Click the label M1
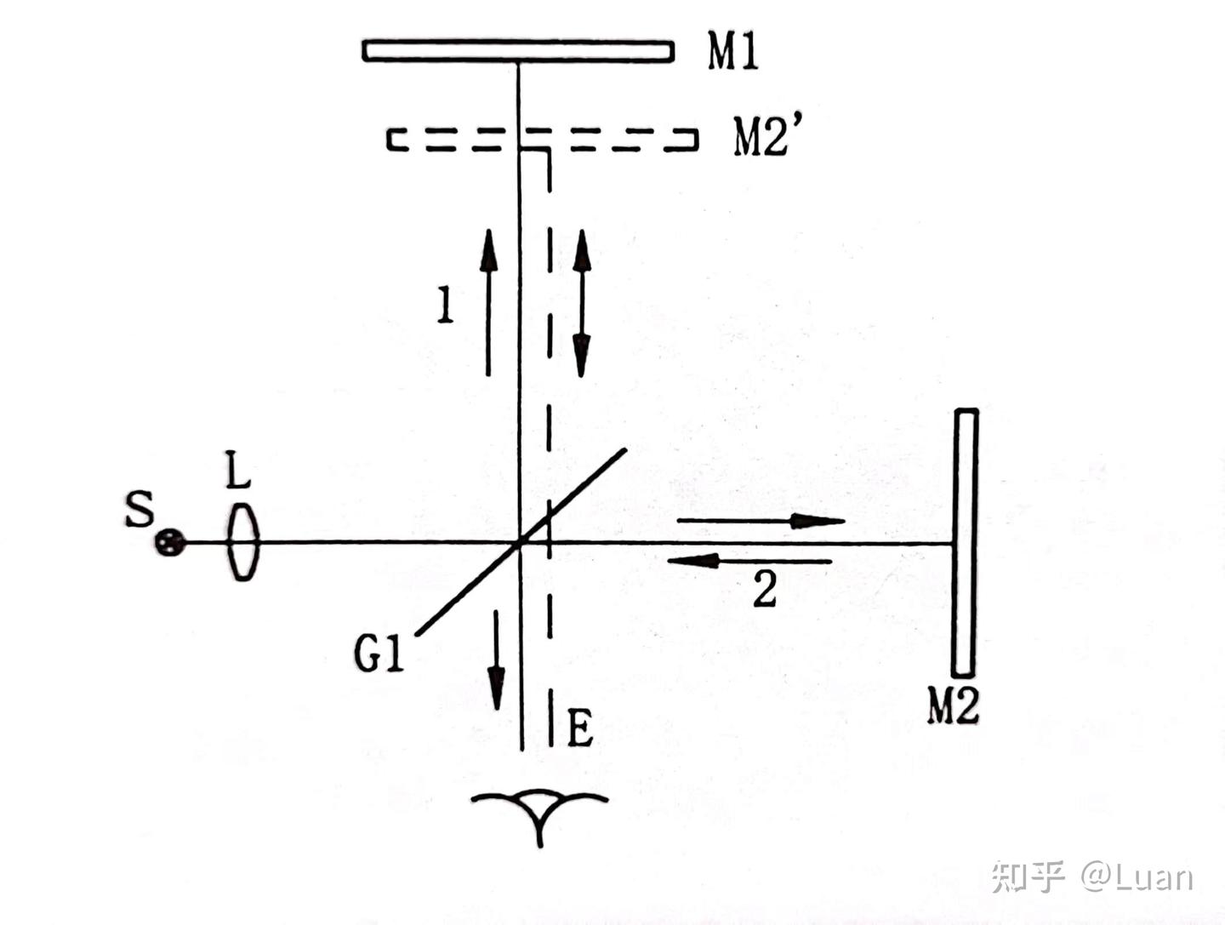732,53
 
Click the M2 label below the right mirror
952,705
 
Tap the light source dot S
170,542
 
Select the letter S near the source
140,510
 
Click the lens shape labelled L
242,542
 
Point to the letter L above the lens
237,469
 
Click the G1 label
379,654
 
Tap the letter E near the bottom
579,728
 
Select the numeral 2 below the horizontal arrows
764,588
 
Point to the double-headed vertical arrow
582,303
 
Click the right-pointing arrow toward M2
761,520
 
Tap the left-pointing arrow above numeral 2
749,561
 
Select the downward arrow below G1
495,660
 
